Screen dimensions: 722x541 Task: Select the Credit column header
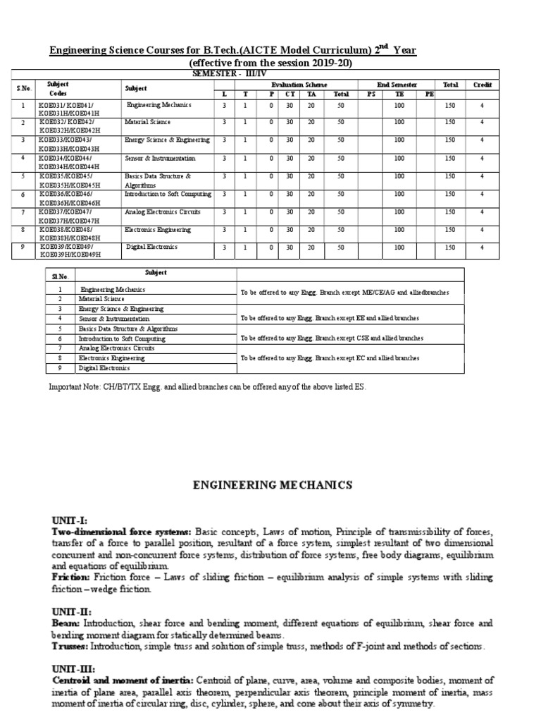click(x=482, y=85)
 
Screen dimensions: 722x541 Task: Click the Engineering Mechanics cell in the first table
click(x=158, y=105)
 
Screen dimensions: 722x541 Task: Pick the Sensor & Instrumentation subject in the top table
click(x=156, y=158)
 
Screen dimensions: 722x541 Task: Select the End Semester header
click(x=399, y=85)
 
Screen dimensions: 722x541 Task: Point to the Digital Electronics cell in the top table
click(x=152, y=247)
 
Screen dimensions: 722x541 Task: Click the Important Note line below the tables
click(x=208, y=387)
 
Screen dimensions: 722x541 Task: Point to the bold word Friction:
click(x=70, y=577)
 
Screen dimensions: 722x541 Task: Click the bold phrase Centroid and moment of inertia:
click(x=123, y=680)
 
